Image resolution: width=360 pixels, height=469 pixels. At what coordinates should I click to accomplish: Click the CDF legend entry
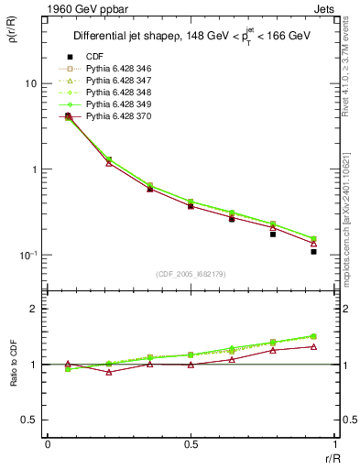(93, 57)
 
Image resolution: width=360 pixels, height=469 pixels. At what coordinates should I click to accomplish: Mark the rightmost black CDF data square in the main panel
(313, 251)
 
